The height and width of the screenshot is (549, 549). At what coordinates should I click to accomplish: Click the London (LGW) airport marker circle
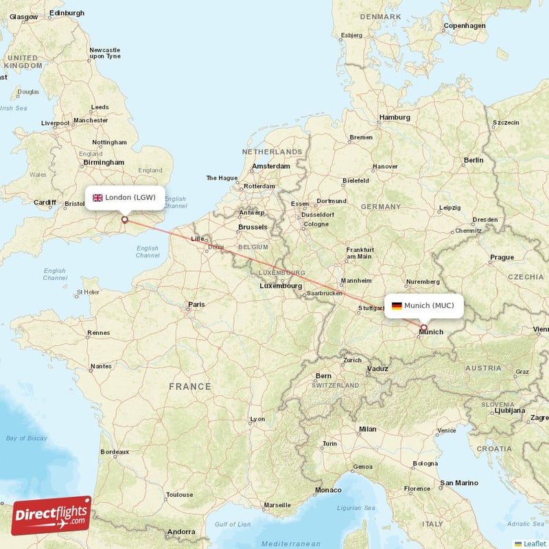click(124, 220)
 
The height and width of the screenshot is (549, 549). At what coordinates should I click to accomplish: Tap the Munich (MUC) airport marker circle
click(423, 328)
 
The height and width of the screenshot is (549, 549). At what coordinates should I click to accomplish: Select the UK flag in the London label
click(97, 198)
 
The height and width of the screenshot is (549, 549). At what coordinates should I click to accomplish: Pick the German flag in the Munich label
click(397, 305)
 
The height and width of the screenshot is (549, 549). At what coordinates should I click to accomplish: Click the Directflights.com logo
click(51, 515)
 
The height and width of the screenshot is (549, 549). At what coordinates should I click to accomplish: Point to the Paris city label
click(197, 304)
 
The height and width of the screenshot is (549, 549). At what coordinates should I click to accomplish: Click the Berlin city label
click(474, 160)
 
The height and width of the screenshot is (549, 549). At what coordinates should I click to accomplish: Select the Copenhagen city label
click(465, 26)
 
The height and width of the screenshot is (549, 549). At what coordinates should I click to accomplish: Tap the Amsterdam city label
click(270, 166)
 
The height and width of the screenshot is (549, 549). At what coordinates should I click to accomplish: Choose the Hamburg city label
click(395, 117)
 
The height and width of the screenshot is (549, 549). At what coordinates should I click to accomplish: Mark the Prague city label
click(502, 257)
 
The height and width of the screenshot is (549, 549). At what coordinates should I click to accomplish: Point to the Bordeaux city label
click(115, 452)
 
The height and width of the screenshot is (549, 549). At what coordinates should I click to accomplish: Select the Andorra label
click(181, 531)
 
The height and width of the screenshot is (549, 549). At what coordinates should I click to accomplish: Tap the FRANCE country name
click(190, 386)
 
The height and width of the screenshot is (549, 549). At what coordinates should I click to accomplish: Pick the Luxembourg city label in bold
click(281, 285)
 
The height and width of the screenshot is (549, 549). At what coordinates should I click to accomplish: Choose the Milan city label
click(367, 429)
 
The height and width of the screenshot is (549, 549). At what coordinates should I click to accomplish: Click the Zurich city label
click(352, 360)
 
